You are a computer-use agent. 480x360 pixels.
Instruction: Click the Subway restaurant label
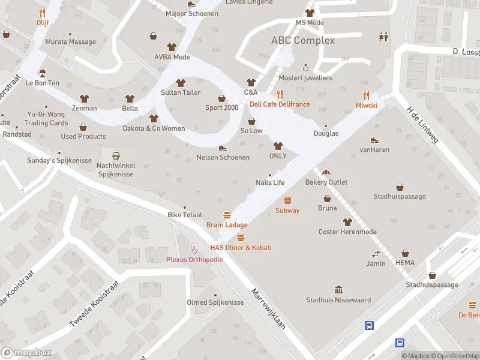(287, 211)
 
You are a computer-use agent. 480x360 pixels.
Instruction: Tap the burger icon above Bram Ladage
(227, 215)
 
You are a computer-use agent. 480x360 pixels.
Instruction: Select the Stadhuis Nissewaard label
(338, 300)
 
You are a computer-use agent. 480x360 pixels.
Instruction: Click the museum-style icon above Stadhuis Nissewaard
(338, 289)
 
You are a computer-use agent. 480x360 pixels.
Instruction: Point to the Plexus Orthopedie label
(194, 259)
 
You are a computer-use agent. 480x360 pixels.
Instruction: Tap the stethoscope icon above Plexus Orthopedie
(194, 249)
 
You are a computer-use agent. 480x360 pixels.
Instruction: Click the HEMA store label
(405, 263)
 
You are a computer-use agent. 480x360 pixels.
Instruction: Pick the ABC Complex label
(303, 41)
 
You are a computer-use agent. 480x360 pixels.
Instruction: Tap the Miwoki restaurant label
(366, 105)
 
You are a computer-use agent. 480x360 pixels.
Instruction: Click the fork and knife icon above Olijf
(42, 13)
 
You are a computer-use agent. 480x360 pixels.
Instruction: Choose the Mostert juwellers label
(305, 78)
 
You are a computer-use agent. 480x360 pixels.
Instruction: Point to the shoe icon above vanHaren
(374, 139)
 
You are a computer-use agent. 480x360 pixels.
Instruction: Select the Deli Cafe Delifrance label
(280, 104)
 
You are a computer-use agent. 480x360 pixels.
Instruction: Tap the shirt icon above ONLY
(278, 146)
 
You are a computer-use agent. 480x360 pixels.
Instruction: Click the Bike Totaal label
(185, 215)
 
